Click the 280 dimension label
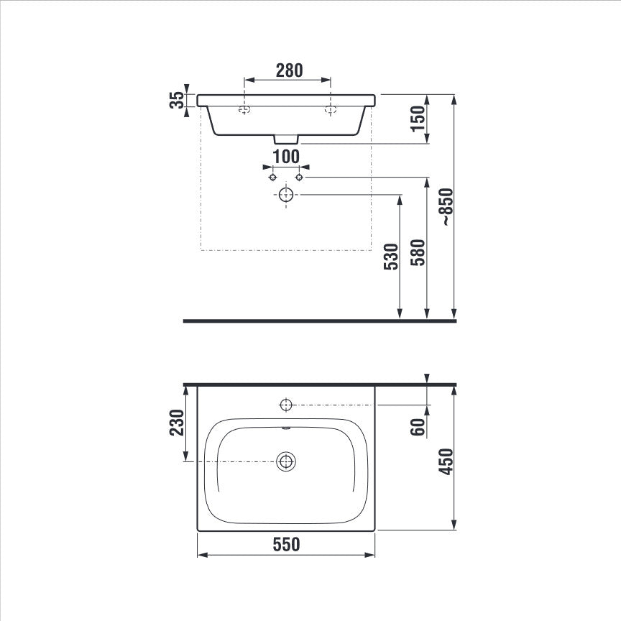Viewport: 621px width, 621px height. pyautogui.click(x=289, y=70)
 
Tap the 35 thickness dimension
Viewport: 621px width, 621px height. pyautogui.click(x=177, y=100)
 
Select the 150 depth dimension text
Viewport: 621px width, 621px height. pyautogui.click(x=418, y=119)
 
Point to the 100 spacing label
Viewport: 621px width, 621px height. pyautogui.click(x=286, y=157)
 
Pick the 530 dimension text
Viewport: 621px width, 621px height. pyautogui.click(x=391, y=257)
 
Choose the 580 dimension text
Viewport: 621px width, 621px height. pyautogui.click(x=418, y=252)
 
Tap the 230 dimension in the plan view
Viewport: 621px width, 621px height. pyautogui.click(x=177, y=422)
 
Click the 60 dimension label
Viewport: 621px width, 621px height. pyautogui.click(x=418, y=427)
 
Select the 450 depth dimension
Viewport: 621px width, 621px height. pyautogui.click(x=446, y=461)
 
